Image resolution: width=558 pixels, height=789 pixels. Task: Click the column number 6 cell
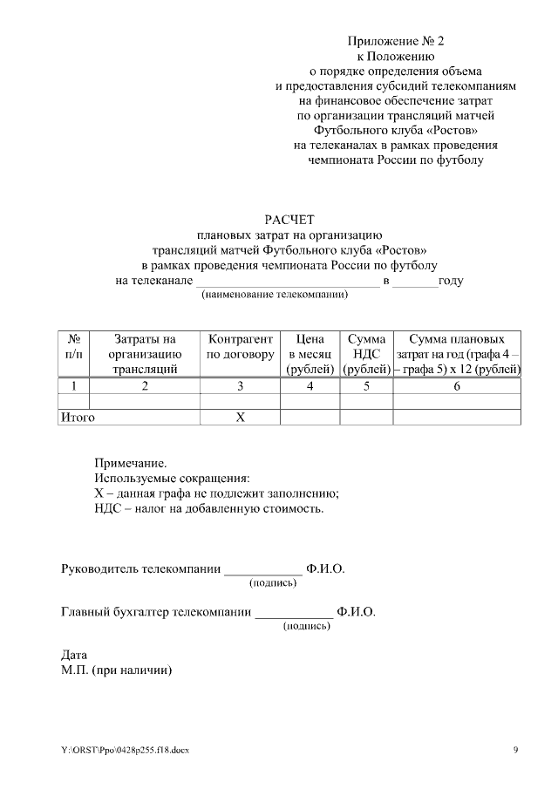(x=457, y=385)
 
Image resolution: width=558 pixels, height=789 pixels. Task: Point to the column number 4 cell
(x=310, y=385)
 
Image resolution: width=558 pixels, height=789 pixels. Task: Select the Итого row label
(x=77, y=418)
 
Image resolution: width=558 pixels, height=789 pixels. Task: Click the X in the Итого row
(x=240, y=418)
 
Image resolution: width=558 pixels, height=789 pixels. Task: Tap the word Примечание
(x=130, y=463)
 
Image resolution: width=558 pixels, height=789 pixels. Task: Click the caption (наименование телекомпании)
(x=275, y=295)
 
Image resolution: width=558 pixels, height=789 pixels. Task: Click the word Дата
(x=74, y=655)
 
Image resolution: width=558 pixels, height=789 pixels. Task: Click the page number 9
(x=515, y=750)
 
